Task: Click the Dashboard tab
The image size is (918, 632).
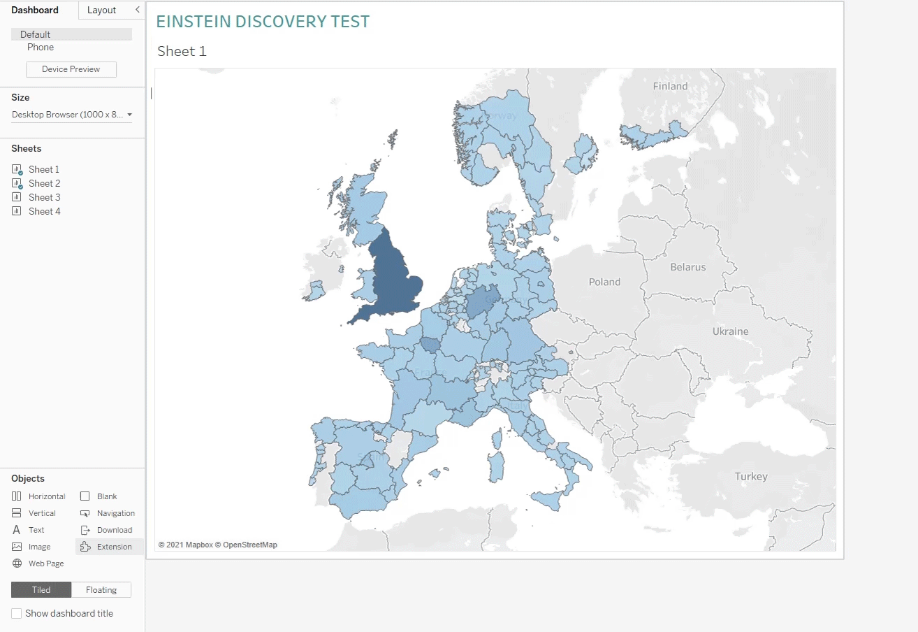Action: (35, 10)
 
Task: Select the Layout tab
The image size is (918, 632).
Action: (101, 10)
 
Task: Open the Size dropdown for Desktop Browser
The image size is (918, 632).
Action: (72, 115)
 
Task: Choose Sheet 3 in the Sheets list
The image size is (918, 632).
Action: (44, 197)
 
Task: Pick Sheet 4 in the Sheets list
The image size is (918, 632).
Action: (44, 211)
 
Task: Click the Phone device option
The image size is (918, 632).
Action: (41, 48)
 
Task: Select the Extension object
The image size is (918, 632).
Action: (114, 547)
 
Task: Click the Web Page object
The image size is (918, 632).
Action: (45, 563)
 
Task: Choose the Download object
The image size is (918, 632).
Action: (114, 530)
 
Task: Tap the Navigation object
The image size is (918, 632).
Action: (115, 513)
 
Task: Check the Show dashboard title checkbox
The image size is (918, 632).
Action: (16, 613)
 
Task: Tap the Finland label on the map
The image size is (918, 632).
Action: (670, 87)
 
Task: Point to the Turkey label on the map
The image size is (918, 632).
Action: (751, 477)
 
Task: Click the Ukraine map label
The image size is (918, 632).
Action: (730, 331)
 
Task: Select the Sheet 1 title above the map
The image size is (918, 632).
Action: (182, 51)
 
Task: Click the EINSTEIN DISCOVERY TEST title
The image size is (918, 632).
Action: (263, 22)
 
